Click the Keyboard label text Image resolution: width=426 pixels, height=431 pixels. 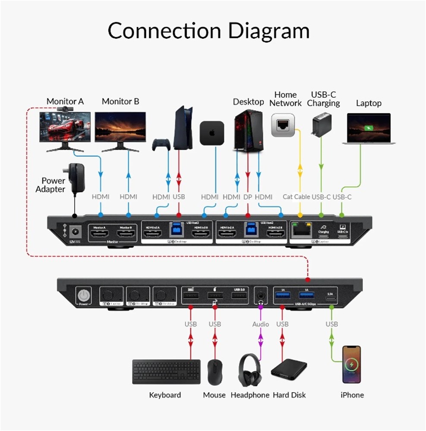point(165,395)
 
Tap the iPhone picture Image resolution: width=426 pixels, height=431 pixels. point(352,364)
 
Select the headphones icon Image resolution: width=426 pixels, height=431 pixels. point(250,370)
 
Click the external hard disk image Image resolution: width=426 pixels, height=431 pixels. point(289,372)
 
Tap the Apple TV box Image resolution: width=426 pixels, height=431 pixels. point(212,133)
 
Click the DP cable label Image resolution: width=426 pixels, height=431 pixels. point(248,197)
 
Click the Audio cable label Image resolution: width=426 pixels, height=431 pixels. point(260,324)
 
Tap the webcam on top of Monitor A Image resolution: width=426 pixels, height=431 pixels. point(66,109)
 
